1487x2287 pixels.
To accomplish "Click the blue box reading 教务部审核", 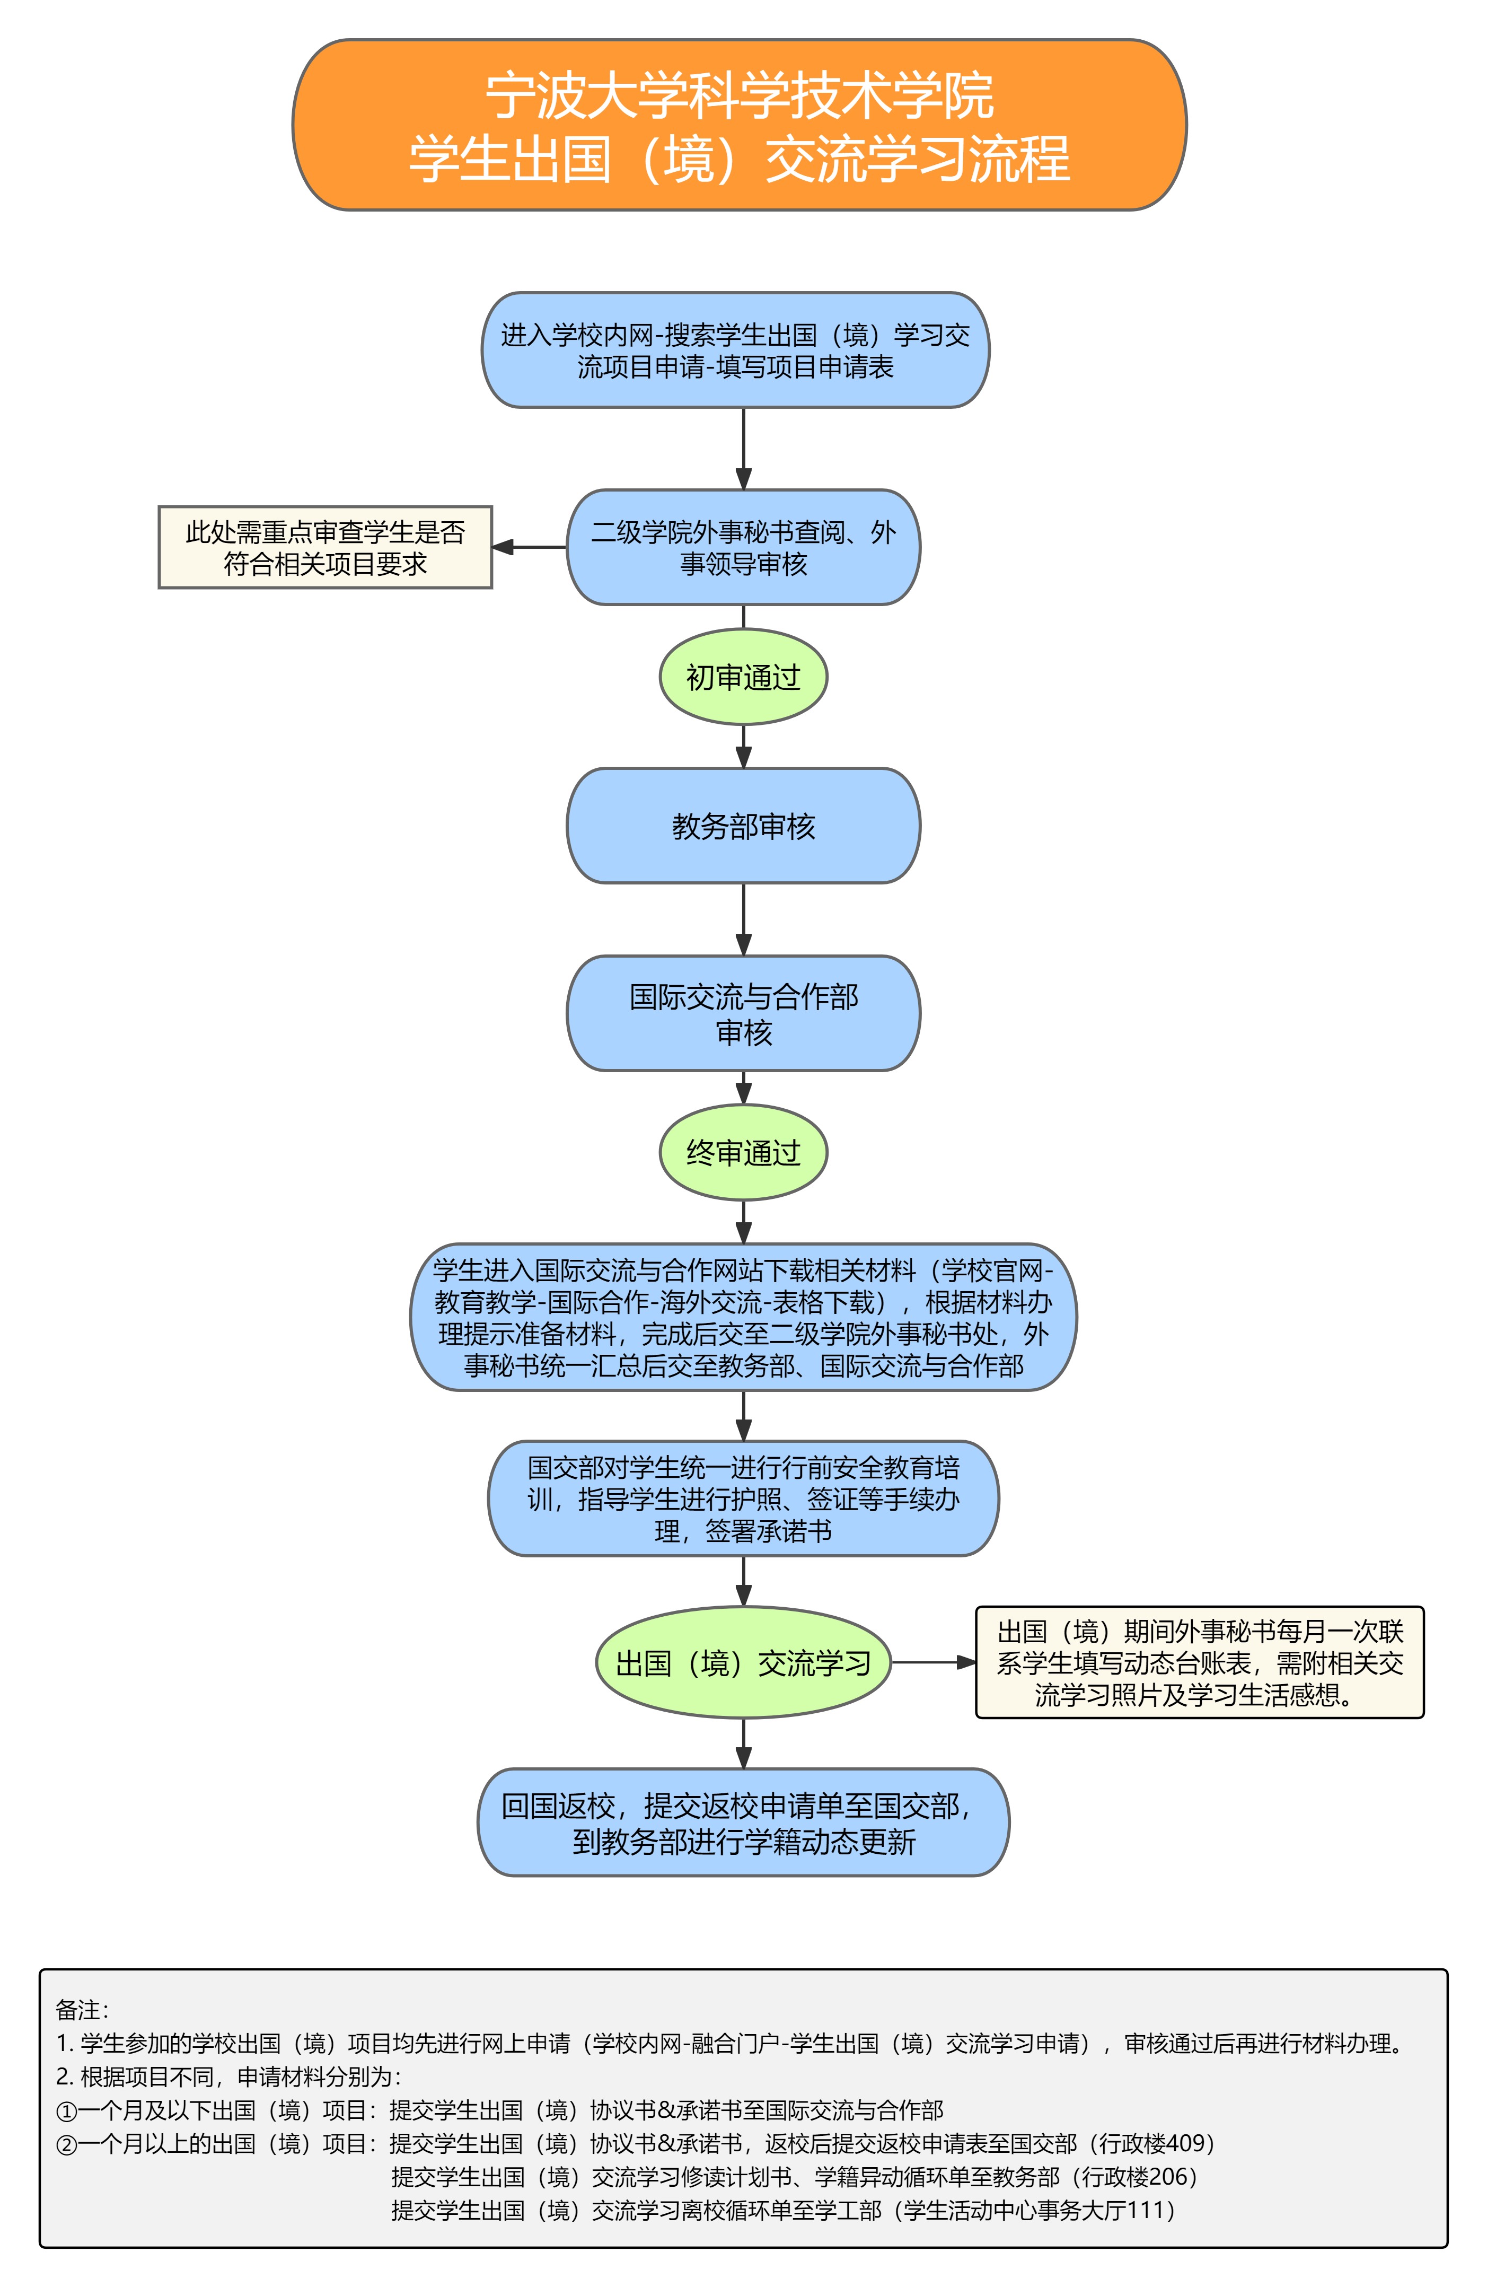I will coord(743,826).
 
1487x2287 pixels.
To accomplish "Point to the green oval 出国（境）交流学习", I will coord(743,1663).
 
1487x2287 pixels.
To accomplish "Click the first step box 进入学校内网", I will coord(735,350).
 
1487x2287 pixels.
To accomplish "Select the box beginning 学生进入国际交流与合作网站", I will coord(743,1318).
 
